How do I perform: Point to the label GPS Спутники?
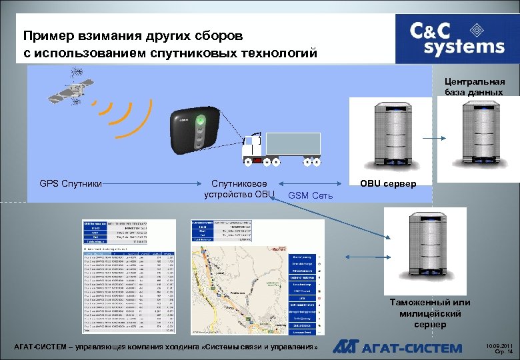[71, 183]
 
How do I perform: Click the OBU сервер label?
[388, 183]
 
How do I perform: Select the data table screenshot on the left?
[128, 275]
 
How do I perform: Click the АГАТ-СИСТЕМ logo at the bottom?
[397, 347]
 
